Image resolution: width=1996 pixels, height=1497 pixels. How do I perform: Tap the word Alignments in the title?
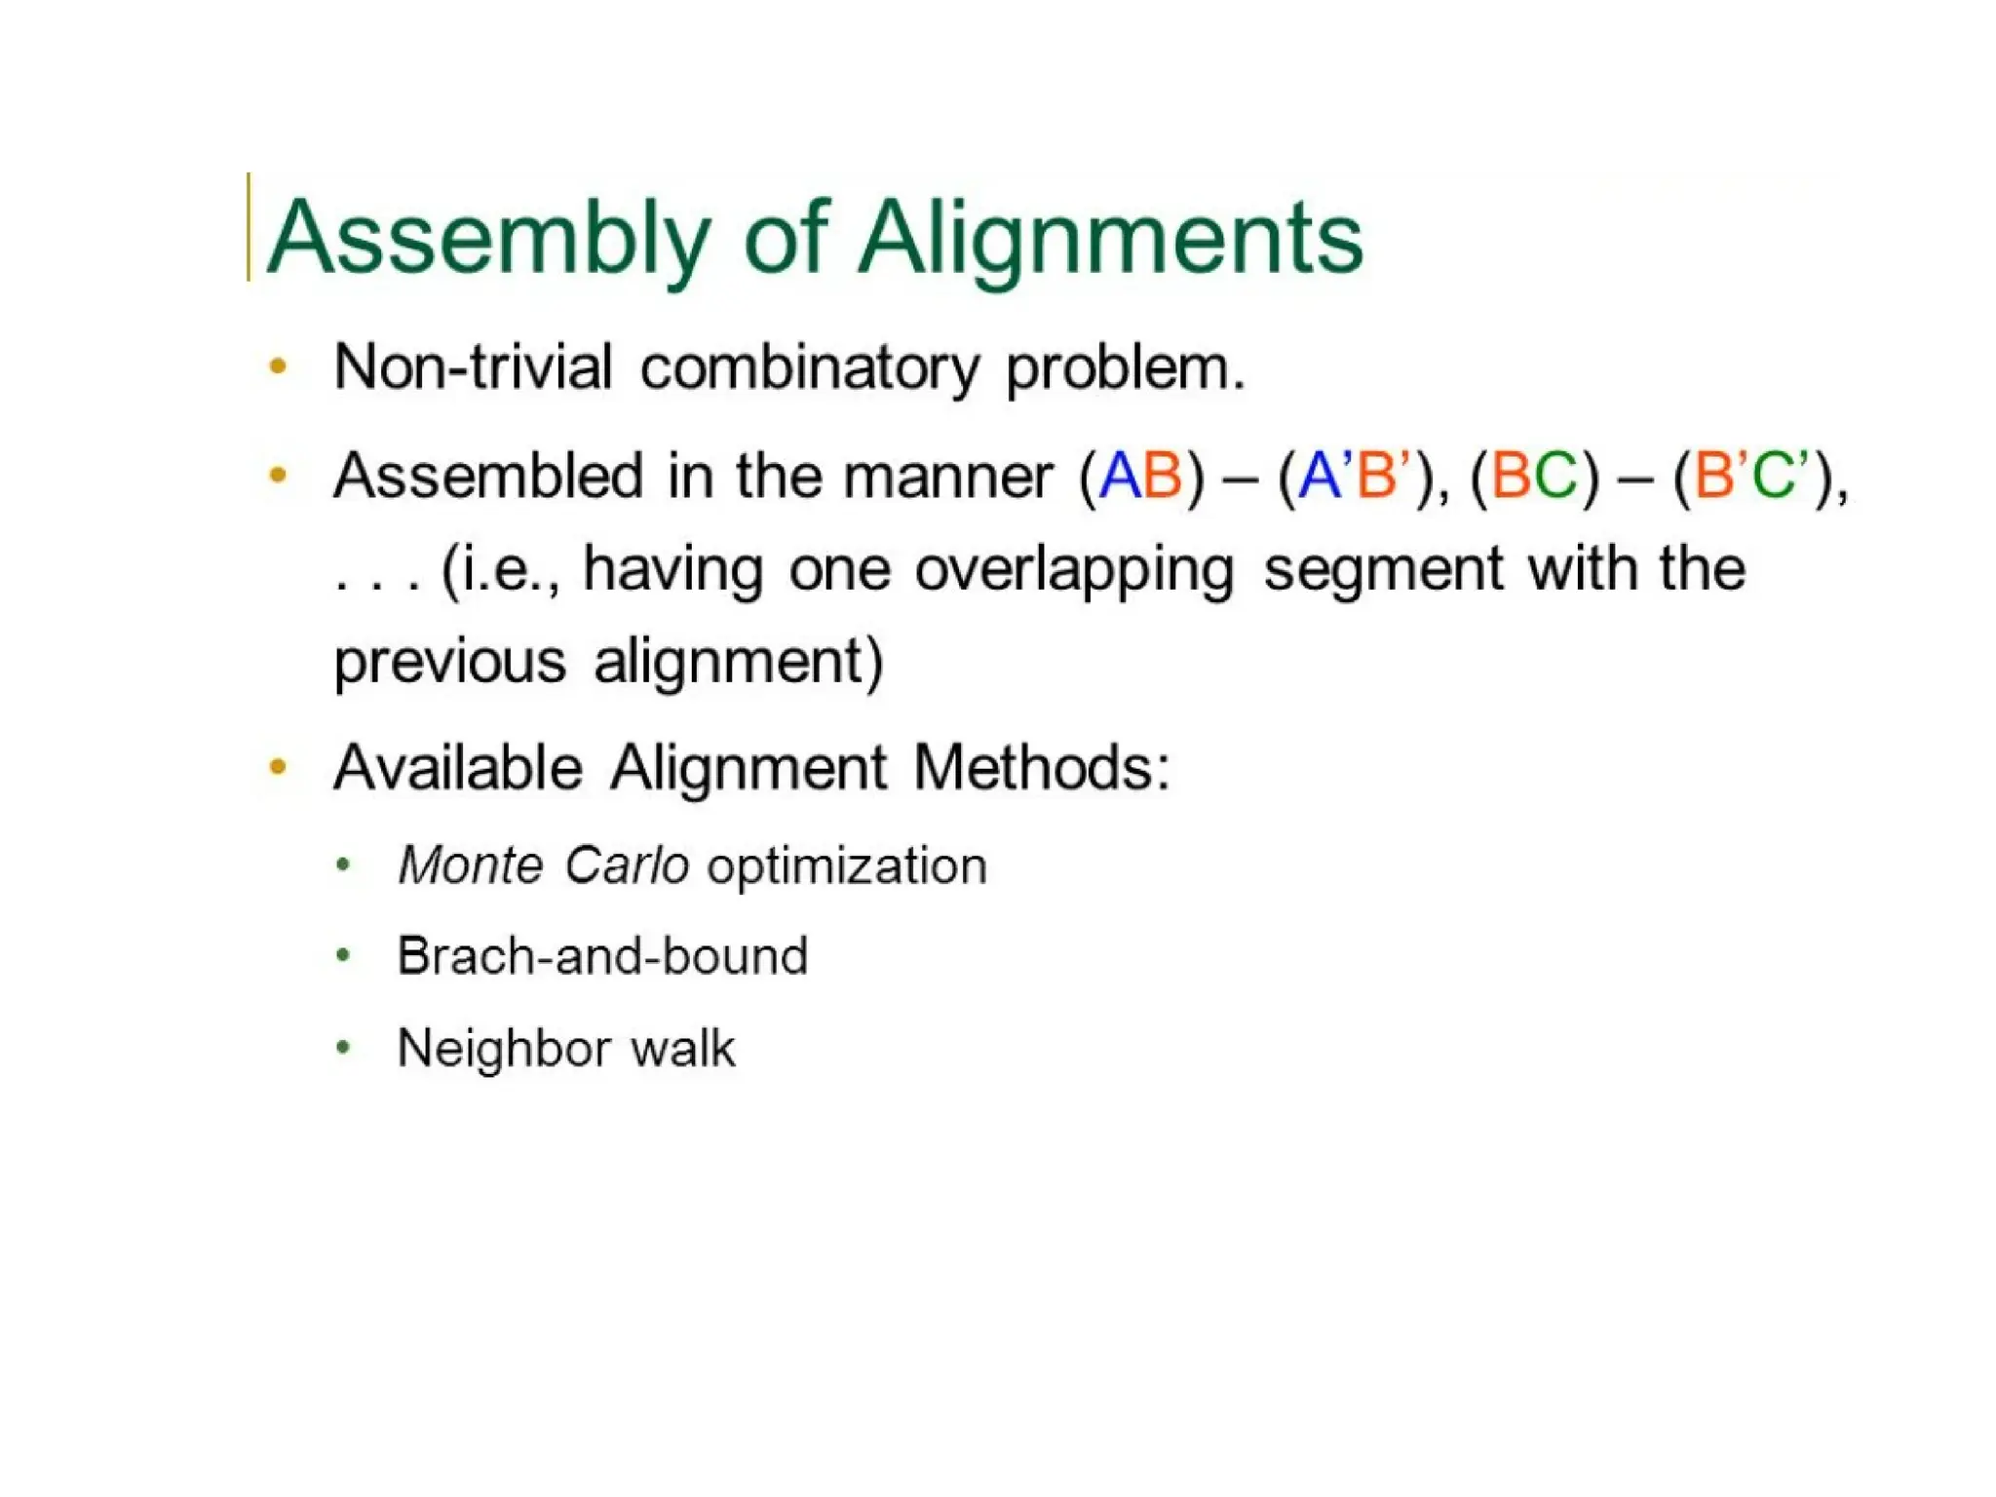(1111, 239)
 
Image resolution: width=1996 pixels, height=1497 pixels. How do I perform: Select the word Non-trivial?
(473, 367)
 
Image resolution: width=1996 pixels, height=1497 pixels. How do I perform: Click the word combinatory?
(809, 369)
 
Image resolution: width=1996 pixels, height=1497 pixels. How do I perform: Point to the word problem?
(1125, 369)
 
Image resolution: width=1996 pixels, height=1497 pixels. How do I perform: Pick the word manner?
(948, 478)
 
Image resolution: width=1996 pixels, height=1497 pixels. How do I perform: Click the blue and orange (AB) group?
(1141, 478)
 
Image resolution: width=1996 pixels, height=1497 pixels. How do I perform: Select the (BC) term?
(1534, 478)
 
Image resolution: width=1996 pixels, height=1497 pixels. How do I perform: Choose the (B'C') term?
(1754, 478)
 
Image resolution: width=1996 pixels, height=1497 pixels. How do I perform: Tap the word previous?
(450, 663)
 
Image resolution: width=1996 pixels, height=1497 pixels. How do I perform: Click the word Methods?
(1040, 768)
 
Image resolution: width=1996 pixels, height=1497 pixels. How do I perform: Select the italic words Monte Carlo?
(544, 865)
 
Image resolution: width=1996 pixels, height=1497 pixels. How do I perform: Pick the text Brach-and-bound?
(602, 956)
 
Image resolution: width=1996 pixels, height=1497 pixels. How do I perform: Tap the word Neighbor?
(503, 1050)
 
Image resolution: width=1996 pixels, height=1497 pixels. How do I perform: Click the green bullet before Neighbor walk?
(342, 1048)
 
